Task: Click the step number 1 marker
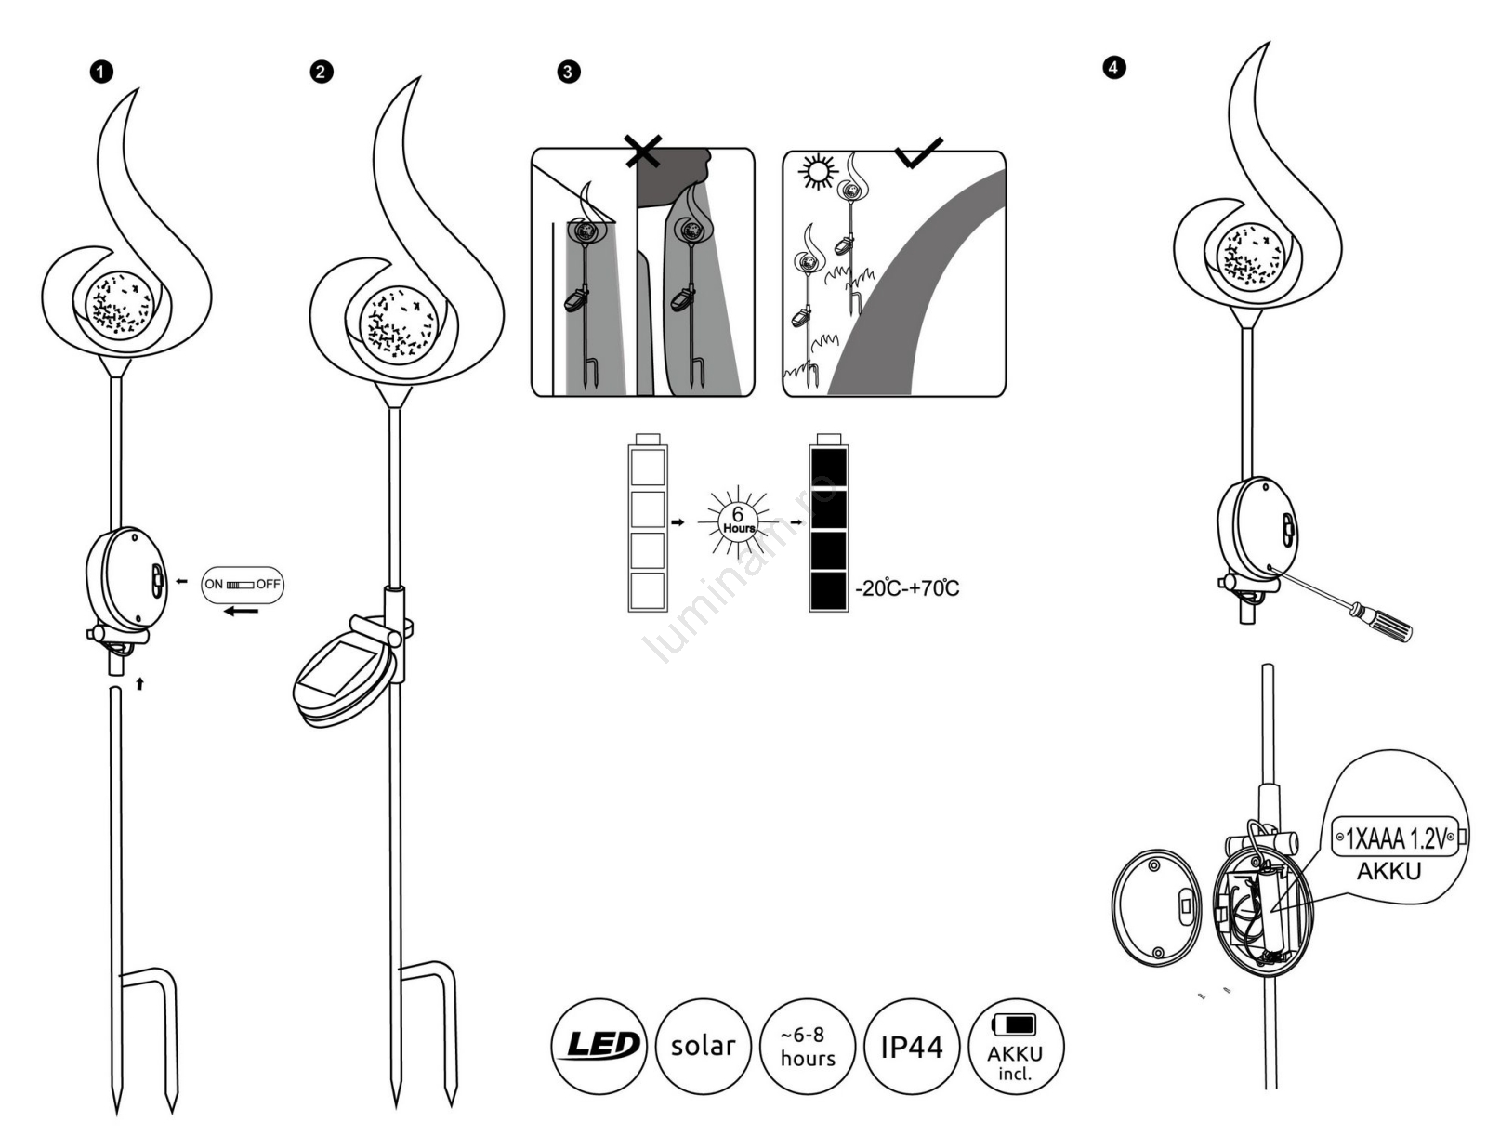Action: click(102, 73)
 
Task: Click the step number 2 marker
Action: click(321, 73)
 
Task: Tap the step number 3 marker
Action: click(568, 73)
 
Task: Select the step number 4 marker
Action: click(1112, 67)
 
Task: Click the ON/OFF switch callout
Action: click(243, 585)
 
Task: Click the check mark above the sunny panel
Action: click(919, 152)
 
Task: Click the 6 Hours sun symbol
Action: click(739, 521)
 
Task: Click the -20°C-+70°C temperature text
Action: click(907, 587)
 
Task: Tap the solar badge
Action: click(703, 1045)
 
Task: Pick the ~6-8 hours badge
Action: click(807, 1046)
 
